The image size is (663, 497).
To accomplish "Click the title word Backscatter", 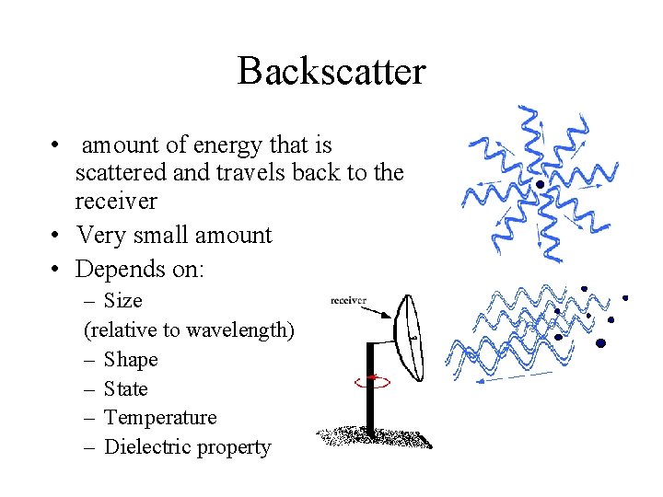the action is [x=331, y=71].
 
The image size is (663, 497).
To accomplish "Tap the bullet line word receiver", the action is [x=116, y=201].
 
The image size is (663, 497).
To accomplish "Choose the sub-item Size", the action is [x=123, y=301].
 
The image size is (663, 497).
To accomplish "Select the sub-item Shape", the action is [x=131, y=359].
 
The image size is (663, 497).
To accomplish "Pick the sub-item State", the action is [x=126, y=388].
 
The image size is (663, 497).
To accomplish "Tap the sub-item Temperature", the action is [x=160, y=418].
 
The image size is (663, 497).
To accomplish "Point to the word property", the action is [x=238, y=448].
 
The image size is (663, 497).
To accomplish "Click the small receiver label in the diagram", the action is [x=348, y=300].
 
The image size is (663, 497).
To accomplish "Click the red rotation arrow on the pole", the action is [x=371, y=378].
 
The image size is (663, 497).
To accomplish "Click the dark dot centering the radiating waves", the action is [x=541, y=184].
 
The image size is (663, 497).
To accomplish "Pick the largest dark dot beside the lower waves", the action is [x=600, y=343].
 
